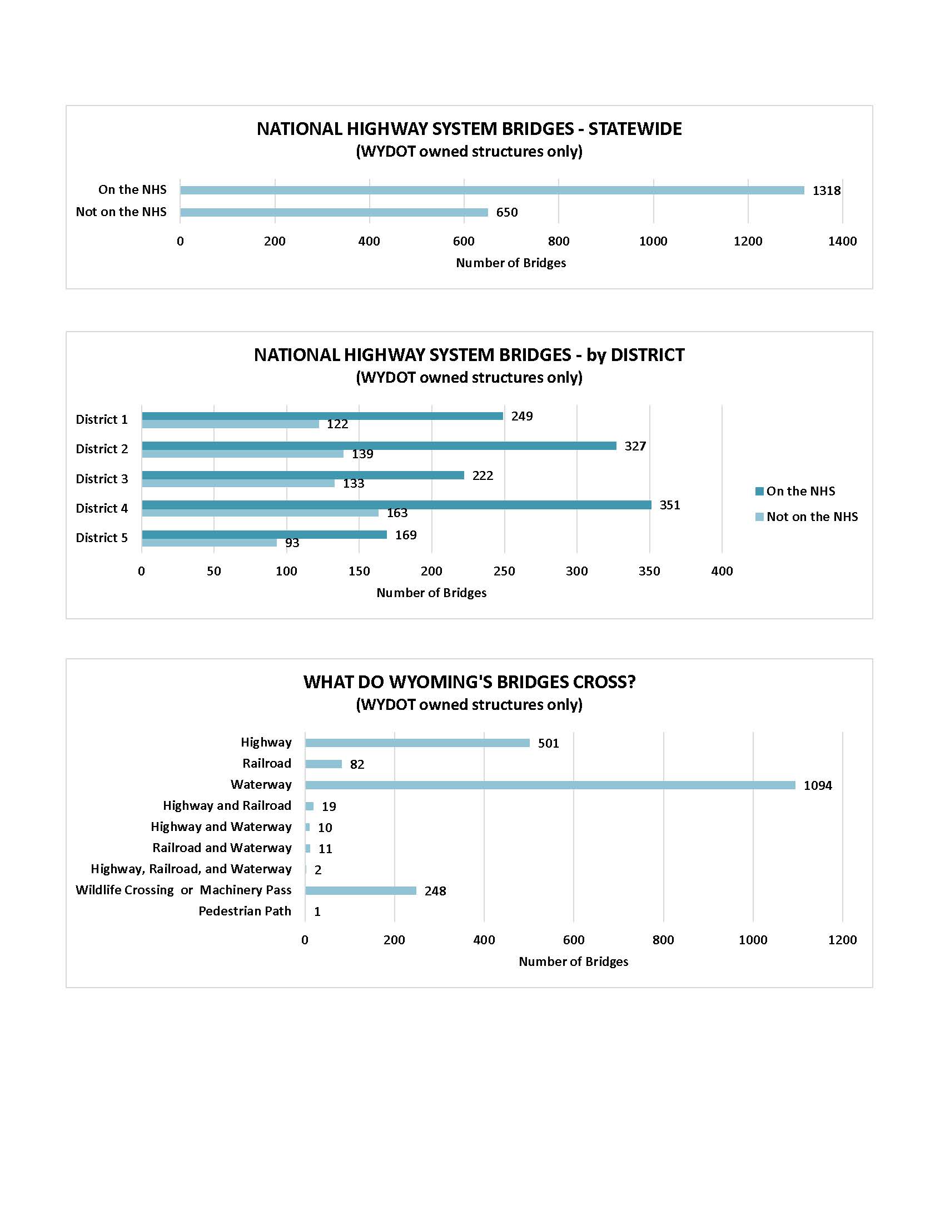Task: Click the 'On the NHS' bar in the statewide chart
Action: [491, 190]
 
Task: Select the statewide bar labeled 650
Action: [334, 212]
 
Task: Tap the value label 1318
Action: [826, 191]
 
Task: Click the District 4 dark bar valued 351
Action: [396, 505]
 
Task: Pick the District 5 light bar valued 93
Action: [209, 543]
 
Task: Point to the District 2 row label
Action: [102, 449]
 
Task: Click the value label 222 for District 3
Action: [483, 475]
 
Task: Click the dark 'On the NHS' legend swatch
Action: [760, 491]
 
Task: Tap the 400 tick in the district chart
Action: [722, 571]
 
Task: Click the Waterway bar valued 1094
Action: [550, 785]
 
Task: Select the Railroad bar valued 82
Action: [323, 764]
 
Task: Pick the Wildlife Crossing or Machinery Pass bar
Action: [361, 890]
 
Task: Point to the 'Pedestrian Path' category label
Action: [245, 911]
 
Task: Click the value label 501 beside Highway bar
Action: [548, 743]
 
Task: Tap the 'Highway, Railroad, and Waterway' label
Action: [191, 869]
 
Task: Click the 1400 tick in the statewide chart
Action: [842, 241]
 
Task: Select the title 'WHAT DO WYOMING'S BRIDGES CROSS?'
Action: [469, 682]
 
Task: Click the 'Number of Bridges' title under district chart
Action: [431, 593]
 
